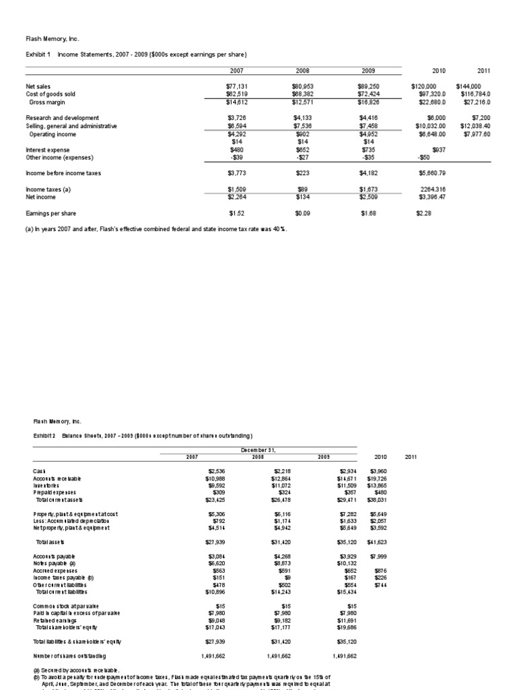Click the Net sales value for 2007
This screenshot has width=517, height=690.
tap(236, 86)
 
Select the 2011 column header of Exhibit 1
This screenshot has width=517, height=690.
tap(483, 70)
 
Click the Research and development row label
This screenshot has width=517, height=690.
tap(63, 118)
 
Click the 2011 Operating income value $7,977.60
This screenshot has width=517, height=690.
tap(476, 133)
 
